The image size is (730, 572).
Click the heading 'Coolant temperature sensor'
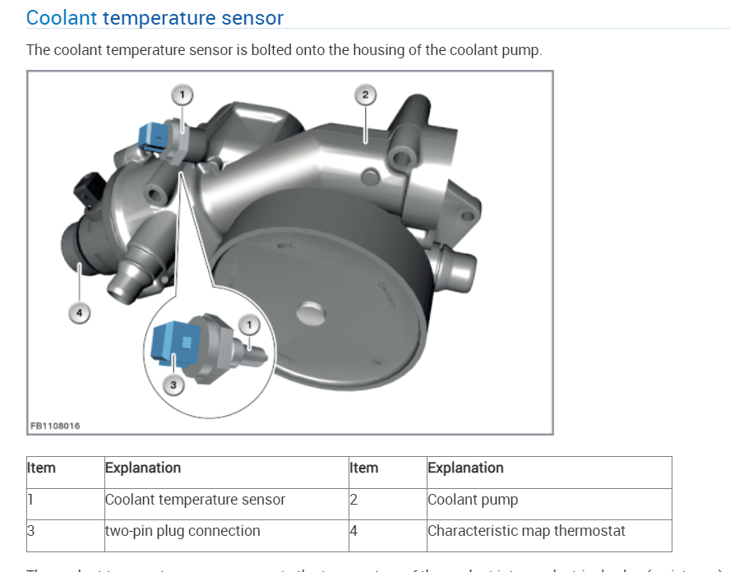tap(155, 17)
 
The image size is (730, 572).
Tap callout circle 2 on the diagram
tap(366, 95)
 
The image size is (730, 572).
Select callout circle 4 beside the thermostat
tap(79, 312)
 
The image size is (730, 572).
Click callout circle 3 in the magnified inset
tap(173, 385)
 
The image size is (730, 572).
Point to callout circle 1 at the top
tap(182, 95)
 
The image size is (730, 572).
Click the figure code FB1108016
tap(55, 426)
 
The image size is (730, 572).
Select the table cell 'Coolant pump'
tap(473, 500)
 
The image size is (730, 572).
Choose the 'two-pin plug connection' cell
tap(182, 531)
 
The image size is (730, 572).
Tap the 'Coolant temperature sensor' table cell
tap(195, 500)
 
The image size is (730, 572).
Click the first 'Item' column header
tap(42, 468)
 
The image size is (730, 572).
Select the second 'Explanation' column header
tap(465, 468)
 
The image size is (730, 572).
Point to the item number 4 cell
tap(353, 531)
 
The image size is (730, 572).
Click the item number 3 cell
tap(31, 531)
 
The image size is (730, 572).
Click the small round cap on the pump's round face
tap(309, 313)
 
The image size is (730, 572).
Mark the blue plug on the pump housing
tap(154, 136)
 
